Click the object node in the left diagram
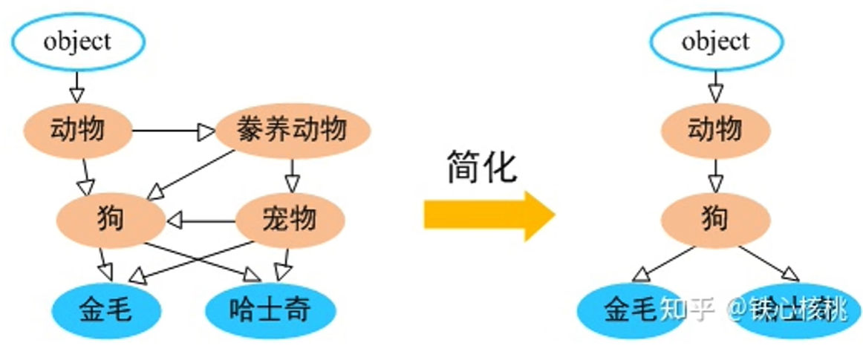tap(76, 42)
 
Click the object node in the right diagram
tap(715, 42)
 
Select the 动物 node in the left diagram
tap(77, 131)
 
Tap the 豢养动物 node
tap(292, 131)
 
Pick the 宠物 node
tap(290, 219)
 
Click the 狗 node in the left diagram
tap(110, 219)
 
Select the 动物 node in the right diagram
tap(715, 131)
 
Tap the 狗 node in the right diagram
tap(715, 219)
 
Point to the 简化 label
tap(481, 166)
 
